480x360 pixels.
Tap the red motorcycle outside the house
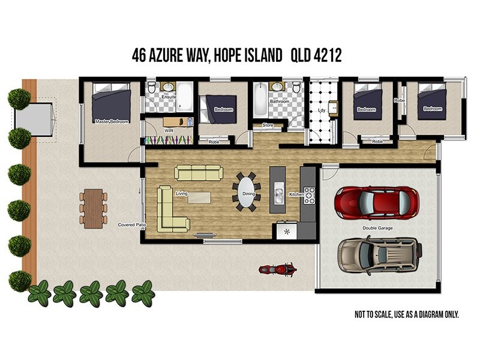tap(277, 269)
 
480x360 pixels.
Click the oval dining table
tap(245, 192)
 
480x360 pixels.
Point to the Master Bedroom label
tap(112, 122)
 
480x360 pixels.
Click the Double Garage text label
tap(377, 228)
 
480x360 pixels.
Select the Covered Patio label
tap(132, 225)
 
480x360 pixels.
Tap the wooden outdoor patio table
tap(94, 208)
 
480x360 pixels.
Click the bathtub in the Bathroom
tap(260, 100)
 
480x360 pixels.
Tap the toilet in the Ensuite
tap(152, 89)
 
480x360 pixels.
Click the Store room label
tap(268, 125)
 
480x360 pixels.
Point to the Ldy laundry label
tap(322, 110)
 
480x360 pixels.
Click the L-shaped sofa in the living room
tap(169, 210)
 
